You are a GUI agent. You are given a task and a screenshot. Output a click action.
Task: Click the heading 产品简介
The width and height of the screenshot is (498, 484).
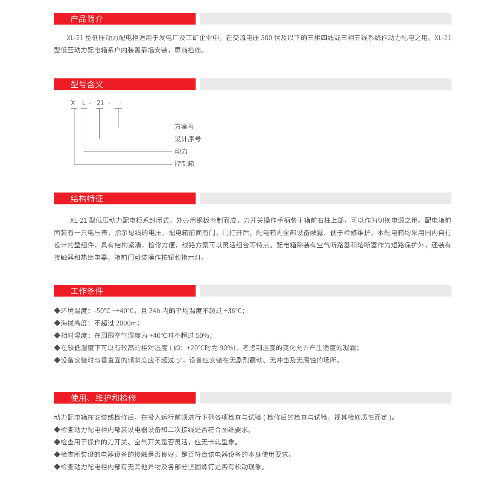click(x=87, y=19)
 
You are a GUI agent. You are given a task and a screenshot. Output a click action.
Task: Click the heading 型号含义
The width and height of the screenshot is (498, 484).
click(x=87, y=84)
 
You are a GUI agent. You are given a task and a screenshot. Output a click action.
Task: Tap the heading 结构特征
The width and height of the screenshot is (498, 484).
click(x=87, y=199)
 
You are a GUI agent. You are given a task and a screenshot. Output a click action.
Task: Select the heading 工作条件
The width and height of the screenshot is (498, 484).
click(x=87, y=291)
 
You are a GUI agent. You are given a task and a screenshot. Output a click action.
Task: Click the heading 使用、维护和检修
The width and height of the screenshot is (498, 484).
click(x=103, y=398)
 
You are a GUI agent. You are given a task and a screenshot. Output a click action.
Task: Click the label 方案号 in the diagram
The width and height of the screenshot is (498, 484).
click(x=184, y=127)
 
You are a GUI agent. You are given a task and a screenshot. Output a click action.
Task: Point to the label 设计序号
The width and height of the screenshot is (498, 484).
click(x=188, y=139)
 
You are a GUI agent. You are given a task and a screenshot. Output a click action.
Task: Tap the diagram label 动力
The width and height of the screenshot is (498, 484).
click(x=181, y=151)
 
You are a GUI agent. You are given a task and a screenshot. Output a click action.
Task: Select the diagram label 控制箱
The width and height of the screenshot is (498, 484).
click(x=184, y=164)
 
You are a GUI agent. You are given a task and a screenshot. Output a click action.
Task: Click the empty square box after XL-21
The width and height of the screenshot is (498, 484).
click(x=118, y=102)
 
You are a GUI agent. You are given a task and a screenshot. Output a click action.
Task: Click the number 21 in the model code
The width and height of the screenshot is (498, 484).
click(x=100, y=103)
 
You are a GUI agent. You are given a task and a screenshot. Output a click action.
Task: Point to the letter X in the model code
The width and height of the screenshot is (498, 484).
click(x=73, y=103)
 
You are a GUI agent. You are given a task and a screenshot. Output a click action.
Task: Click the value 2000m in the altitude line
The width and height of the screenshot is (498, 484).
click(x=126, y=323)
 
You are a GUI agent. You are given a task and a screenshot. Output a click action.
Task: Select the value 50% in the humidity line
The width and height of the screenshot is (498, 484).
click(x=202, y=335)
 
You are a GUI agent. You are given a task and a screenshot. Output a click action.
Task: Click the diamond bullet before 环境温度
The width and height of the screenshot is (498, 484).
click(x=57, y=311)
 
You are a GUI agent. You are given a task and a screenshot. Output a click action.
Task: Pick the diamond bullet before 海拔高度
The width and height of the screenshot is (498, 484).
click(x=57, y=323)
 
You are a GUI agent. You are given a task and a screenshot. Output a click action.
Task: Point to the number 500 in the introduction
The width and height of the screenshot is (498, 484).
click(x=267, y=38)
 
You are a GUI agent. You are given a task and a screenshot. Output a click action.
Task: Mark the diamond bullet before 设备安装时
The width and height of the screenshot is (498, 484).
click(x=57, y=360)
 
